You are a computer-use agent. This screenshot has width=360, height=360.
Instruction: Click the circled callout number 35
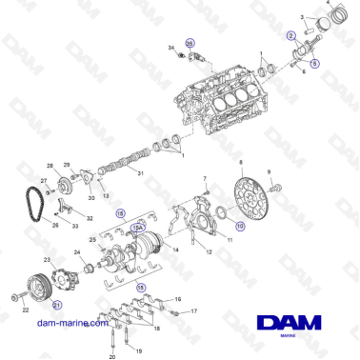pos(190,45)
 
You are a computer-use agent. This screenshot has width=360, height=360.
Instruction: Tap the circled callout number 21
pos(57,305)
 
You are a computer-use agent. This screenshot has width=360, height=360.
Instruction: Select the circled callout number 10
pos(239,227)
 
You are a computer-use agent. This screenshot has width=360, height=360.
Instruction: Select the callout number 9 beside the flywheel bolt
pos(269,171)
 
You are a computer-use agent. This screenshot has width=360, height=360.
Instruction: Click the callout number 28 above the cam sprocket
pos(64,165)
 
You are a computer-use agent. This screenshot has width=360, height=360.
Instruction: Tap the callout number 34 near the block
pos(171,48)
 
